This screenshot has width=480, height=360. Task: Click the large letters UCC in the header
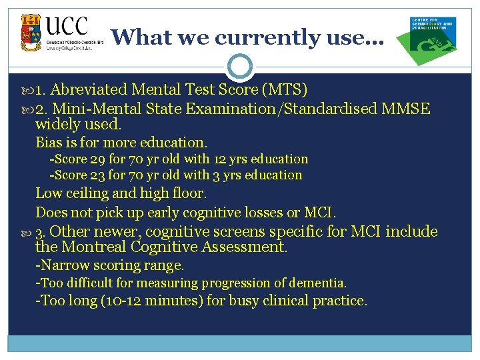click(x=67, y=27)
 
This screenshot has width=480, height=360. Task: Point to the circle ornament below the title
click(x=239, y=67)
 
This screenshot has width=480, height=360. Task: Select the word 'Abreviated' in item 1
click(x=90, y=89)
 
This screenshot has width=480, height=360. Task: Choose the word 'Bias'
click(x=49, y=142)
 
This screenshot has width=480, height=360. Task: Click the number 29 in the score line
click(x=98, y=159)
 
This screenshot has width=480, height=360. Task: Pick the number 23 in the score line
click(x=98, y=175)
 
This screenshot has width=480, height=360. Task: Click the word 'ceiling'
click(x=88, y=193)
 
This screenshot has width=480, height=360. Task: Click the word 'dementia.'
click(x=316, y=283)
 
